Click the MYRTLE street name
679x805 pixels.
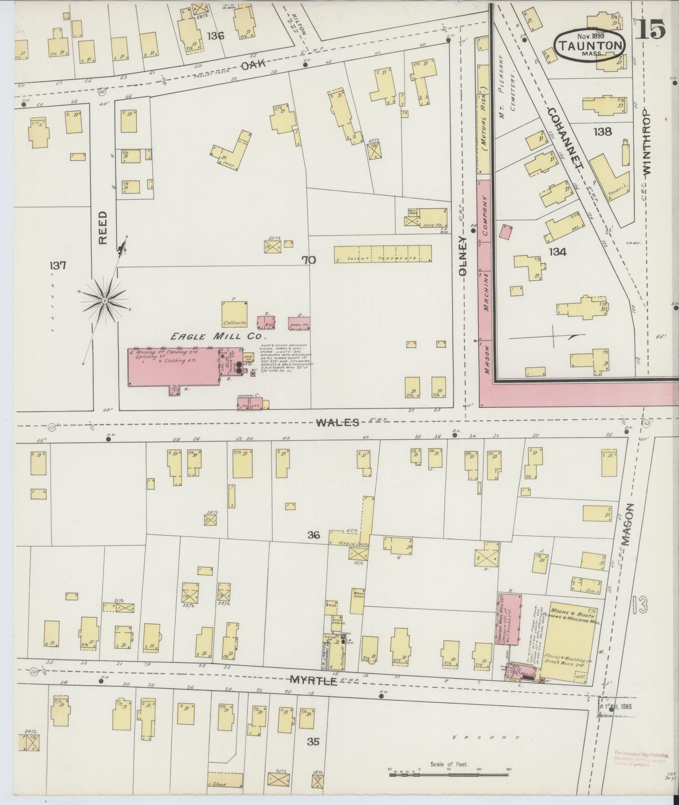(x=314, y=680)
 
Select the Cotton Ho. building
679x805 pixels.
(x=234, y=314)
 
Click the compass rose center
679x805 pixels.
(x=104, y=300)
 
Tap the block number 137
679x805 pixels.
(x=58, y=266)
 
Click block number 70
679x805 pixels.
(x=308, y=260)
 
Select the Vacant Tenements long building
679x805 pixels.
(x=383, y=255)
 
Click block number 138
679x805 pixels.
(x=602, y=132)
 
